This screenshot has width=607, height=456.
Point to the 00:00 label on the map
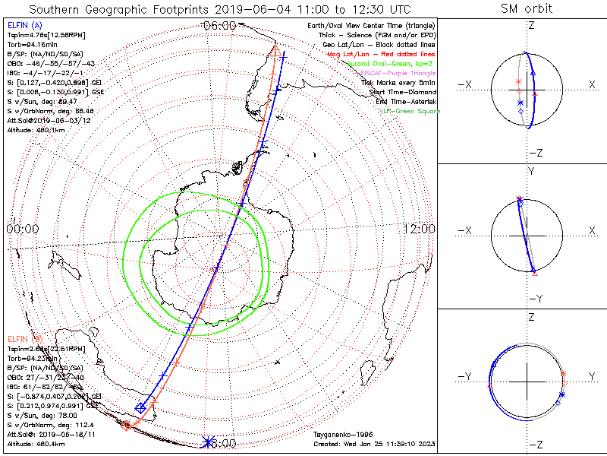pos(22,229)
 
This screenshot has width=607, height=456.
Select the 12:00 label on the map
pos(419,229)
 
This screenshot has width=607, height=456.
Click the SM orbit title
pos(527,9)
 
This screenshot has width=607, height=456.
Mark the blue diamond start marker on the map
pos(140,408)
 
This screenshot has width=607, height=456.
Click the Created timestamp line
pos(374,444)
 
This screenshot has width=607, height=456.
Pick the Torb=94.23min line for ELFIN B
pos(32,356)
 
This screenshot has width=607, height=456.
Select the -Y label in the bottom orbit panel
pos(467,377)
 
